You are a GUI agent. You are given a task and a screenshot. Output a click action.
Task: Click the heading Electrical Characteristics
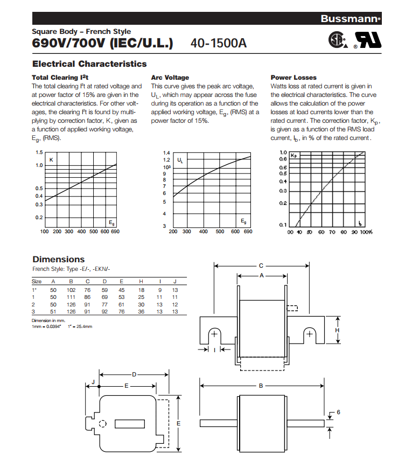coord(89,64)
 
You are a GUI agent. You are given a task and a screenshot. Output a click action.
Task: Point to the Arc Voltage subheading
coord(170,78)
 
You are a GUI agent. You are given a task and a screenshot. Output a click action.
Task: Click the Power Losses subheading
coord(294,78)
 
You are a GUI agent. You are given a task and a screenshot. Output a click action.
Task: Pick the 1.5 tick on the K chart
coord(39,153)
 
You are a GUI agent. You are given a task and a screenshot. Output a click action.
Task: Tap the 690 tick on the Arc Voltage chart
coord(248,232)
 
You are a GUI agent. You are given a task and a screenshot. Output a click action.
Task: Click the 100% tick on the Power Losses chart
coord(366,232)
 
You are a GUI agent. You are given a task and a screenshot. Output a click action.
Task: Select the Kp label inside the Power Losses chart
coord(294,156)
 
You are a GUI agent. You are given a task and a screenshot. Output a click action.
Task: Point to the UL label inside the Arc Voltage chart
coord(180,160)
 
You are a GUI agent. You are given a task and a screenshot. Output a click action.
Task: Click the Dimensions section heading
coord(58,260)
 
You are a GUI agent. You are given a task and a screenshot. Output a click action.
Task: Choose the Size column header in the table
coord(37,281)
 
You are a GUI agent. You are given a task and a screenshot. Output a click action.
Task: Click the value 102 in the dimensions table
coord(71,289)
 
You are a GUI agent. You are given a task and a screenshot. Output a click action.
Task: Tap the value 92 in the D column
coord(105,311)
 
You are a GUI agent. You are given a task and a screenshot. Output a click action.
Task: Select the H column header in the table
coord(141,281)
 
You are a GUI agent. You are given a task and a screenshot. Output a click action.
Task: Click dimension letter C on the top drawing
coord(261,265)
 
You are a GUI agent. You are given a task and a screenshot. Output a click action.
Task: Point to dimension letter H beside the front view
coord(337,331)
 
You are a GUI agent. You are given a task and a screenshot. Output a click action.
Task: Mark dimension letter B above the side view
coord(261,386)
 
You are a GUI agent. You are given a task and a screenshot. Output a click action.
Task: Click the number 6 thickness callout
coord(338,412)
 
